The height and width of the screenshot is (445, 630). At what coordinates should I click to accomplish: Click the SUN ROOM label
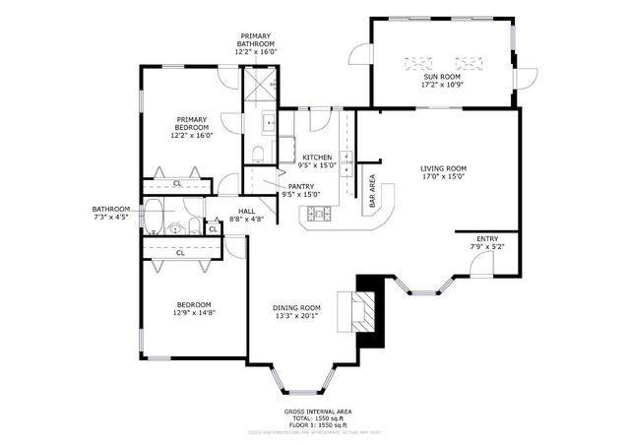click(442, 77)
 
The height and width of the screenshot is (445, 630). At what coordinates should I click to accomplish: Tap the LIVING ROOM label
click(442, 168)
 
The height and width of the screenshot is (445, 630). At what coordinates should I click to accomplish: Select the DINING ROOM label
click(296, 308)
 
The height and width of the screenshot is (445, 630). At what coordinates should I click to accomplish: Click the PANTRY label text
click(301, 186)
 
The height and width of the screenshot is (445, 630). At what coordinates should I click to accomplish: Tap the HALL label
click(246, 210)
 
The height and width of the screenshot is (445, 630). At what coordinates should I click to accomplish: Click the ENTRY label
click(487, 239)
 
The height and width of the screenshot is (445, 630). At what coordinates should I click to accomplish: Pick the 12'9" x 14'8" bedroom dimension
click(193, 312)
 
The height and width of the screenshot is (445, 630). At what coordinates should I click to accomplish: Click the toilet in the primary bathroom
click(257, 154)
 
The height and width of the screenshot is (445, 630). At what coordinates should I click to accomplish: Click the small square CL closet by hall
click(213, 228)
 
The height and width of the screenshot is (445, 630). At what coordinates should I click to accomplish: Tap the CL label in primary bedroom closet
click(177, 183)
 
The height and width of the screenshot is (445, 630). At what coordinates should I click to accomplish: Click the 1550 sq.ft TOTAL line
click(317, 418)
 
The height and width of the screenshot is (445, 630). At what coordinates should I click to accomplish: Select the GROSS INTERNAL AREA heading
click(317, 412)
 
